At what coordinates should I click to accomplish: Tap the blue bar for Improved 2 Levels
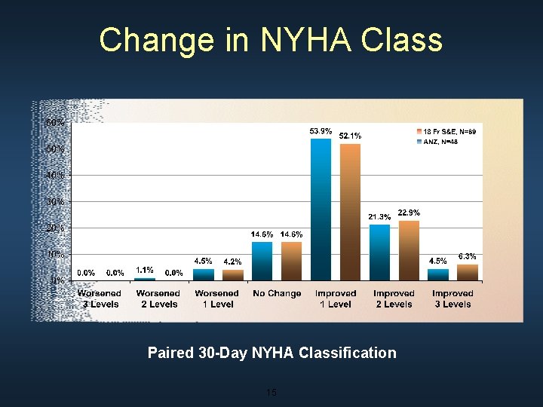[x=379, y=252]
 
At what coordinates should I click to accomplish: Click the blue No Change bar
[x=262, y=261]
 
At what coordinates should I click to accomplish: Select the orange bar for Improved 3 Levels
[x=468, y=272]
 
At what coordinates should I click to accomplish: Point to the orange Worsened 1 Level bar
[x=232, y=275]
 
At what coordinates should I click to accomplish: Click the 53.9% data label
[x=321, y=131]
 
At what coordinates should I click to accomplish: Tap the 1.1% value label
[x=145, y=270]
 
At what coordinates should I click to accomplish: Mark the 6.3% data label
[x=468, y=257]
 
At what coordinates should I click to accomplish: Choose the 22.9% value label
[x=409, y=213]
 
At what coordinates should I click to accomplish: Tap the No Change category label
[x=277, y=294]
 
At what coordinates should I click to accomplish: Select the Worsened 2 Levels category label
[x=158, y=298]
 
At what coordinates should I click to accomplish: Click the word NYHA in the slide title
[x=295, y=40]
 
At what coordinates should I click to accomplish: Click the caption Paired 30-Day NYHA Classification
[x=271, y=353]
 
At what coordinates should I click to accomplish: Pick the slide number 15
[x=271, y=393]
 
